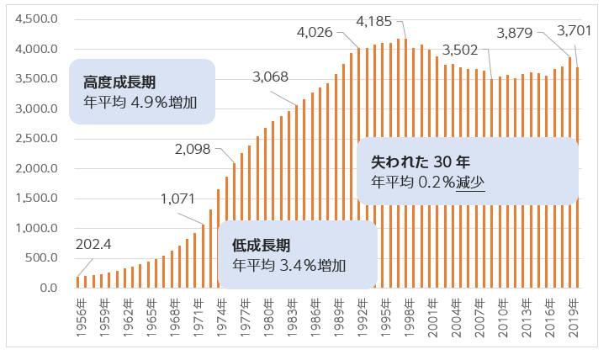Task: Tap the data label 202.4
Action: tap(93, 245)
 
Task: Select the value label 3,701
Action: tap(575, 31)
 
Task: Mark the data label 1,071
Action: tap(177, 199)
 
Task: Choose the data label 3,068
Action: tap(270, 77)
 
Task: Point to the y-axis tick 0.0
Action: tap(50, 288)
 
